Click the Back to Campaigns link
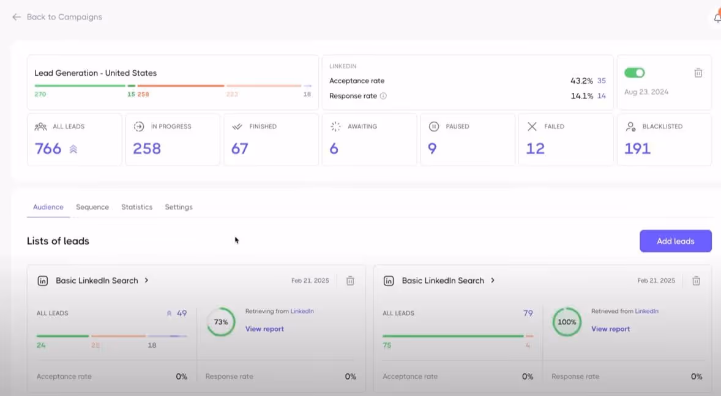58,17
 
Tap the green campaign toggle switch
634,73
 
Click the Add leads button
675,241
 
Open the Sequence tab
92,207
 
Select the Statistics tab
136,207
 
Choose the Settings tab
179,207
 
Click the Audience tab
48,207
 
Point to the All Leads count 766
48,148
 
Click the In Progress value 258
147,148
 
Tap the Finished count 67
239,148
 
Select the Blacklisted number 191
637,148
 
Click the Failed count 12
535,148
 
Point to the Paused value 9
432,148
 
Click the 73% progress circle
221,322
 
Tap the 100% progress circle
567,322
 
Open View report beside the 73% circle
264,329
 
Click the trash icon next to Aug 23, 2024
698,73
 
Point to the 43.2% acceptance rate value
581,81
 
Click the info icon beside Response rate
383,96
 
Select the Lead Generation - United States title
95,73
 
